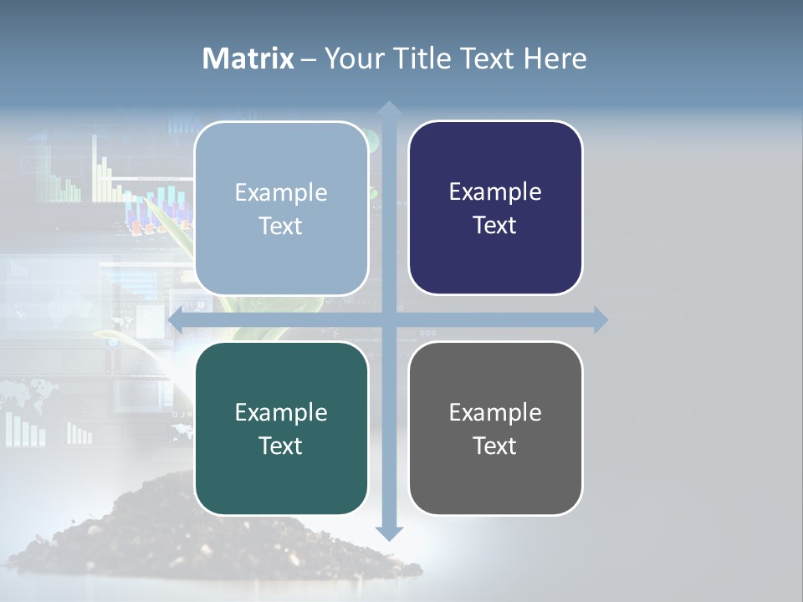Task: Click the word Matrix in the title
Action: (x=248, y=59)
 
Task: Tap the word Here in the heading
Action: (x=555, y=59)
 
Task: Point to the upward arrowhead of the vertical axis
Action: (x=388, y=109)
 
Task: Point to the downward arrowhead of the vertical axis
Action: (x=388, y=533)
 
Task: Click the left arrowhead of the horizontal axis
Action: (x=176, y=319)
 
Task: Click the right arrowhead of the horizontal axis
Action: (x=600, y=319)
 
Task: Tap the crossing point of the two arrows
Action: (x=388, y=319)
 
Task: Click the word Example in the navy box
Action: (x=495, y=192)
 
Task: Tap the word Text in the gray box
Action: (x=495, y=446)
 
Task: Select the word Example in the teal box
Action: (x=281, y=412)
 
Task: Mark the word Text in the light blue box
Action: (x=281, y=226)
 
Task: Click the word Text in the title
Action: (x=485, y=59)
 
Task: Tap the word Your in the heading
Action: (x=352, y=59)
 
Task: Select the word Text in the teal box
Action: (x=281, y=446)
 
